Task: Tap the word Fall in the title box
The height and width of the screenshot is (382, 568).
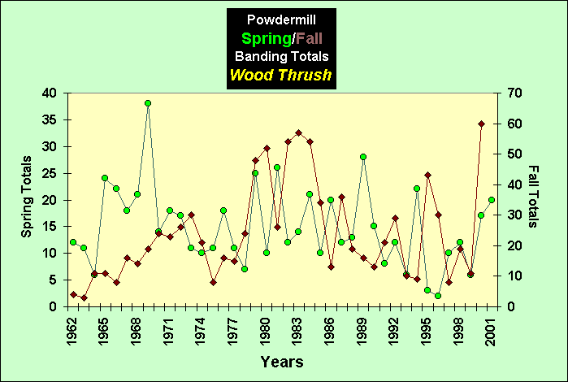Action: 310,37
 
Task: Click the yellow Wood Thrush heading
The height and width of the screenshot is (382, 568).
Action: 281,76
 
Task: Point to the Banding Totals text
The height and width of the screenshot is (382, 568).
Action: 281,56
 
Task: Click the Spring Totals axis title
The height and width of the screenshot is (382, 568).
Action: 27,198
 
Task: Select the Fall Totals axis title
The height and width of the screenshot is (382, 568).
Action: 534,197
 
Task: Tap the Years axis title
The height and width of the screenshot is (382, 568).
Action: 282,361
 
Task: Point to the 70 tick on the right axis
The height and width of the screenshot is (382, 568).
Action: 512,93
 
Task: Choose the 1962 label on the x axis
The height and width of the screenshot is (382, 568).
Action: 73,328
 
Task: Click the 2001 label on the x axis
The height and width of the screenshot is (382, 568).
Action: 491,328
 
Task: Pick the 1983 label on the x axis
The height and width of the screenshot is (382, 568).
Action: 298,328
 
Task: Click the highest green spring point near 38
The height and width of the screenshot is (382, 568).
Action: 148,103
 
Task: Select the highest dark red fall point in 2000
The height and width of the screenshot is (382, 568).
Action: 481,124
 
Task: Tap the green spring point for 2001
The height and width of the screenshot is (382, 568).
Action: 492,200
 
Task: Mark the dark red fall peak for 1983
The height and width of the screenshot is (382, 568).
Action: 298,132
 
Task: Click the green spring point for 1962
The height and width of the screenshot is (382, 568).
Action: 73,242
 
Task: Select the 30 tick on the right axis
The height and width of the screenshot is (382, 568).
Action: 512,215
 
